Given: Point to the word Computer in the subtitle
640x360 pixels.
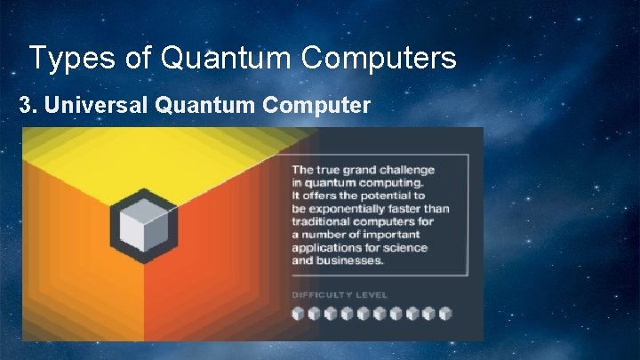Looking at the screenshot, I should point(316,106).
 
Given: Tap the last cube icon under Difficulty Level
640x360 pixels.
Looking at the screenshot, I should point(445,313).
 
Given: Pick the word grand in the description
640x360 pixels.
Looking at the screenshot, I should point(359,170).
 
